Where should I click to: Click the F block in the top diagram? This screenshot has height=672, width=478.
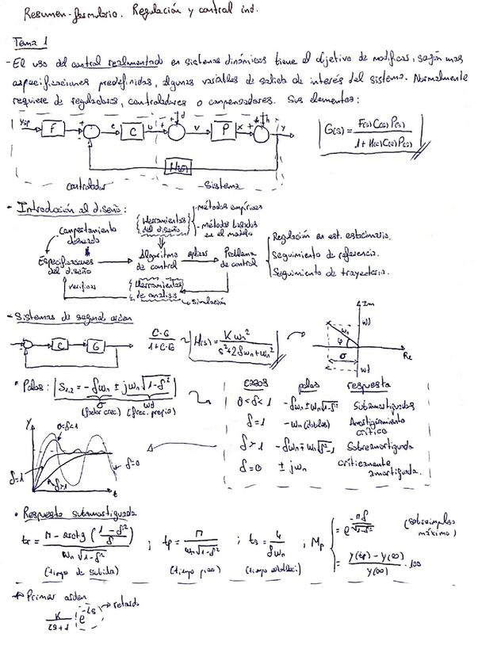pos(53,129)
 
